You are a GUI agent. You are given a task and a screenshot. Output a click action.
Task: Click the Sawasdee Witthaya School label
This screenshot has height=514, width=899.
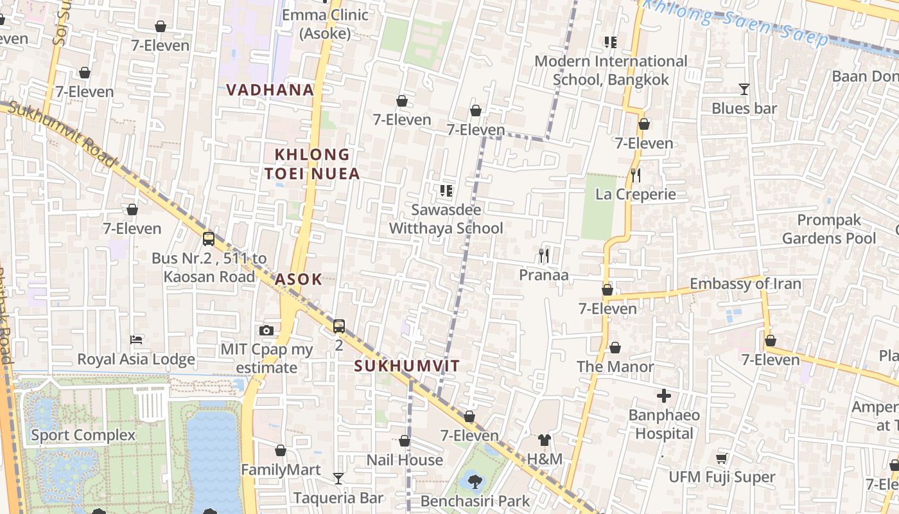point(446,219)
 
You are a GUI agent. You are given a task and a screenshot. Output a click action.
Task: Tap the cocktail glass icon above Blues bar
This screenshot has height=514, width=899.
point(744,89)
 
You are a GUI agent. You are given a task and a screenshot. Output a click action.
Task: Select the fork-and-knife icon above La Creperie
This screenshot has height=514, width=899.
point(636,175)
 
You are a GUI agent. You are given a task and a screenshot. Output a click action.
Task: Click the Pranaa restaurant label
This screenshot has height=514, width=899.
point(544,275)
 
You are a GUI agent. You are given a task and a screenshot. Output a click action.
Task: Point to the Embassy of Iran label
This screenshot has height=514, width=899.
point(745,284)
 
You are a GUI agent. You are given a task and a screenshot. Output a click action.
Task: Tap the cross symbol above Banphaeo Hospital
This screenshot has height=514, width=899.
point(664,396)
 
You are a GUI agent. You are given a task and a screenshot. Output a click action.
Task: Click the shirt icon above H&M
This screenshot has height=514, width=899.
point(545,440)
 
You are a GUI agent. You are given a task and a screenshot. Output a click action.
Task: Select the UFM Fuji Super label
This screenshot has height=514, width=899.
point(722,477)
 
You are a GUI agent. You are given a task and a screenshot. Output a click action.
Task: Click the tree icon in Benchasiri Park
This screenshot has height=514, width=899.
point(475,481)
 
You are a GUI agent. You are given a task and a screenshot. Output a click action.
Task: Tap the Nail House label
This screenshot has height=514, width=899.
point(405,460)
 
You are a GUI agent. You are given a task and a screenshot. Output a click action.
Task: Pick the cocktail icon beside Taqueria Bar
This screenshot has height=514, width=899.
point(338,479)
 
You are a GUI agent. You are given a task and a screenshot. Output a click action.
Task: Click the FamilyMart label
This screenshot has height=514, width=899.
point(281,470)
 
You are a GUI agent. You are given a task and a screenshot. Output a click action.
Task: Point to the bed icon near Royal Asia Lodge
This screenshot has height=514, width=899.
point(136,339)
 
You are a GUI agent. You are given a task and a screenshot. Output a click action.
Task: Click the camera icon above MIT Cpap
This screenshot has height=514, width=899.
point(266,330)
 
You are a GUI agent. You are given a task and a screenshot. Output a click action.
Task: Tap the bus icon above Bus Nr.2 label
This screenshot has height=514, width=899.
point(209,239)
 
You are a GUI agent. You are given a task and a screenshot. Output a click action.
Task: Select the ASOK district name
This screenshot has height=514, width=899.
point(298,279)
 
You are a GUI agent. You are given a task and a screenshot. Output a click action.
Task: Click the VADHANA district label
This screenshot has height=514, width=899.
point(270,90)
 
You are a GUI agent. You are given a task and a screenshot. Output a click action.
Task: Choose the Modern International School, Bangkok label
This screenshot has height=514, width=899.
point(611,71)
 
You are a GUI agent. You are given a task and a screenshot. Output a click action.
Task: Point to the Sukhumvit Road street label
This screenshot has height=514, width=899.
point(64,134)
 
